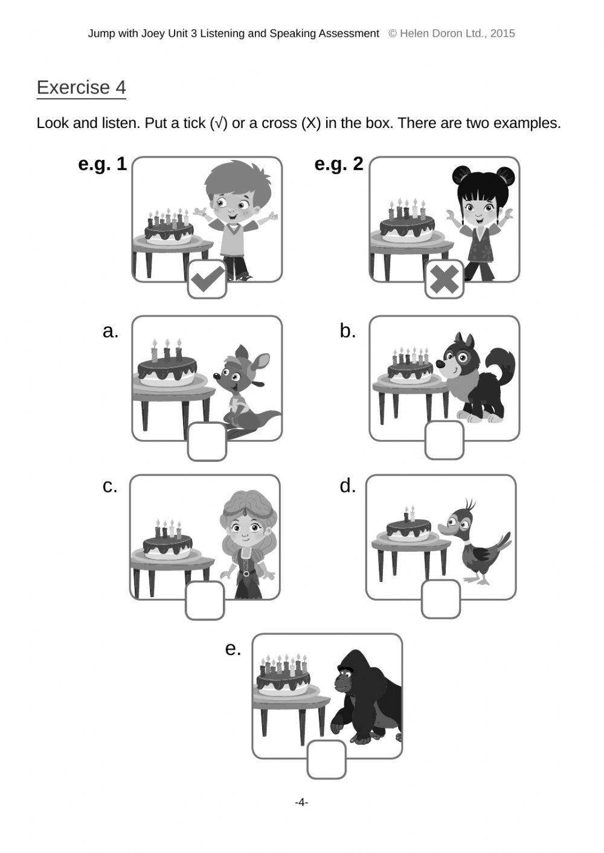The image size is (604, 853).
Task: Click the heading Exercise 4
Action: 81,88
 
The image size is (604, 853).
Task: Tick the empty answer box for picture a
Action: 207,441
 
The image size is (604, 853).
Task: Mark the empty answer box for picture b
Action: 445,440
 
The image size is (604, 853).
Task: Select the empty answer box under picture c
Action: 205,600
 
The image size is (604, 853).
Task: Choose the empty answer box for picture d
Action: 441,599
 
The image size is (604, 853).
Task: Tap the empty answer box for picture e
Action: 327,759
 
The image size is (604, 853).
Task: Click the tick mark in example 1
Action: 208,279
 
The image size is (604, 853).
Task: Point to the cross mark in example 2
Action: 445,279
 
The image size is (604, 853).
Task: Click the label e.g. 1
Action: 102,165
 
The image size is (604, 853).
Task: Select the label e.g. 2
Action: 339,165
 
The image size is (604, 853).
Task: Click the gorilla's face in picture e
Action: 344,678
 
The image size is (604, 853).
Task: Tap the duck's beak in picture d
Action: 445,529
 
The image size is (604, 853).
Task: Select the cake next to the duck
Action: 408,528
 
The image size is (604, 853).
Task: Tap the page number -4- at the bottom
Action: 301,803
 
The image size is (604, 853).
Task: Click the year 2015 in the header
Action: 503,34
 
